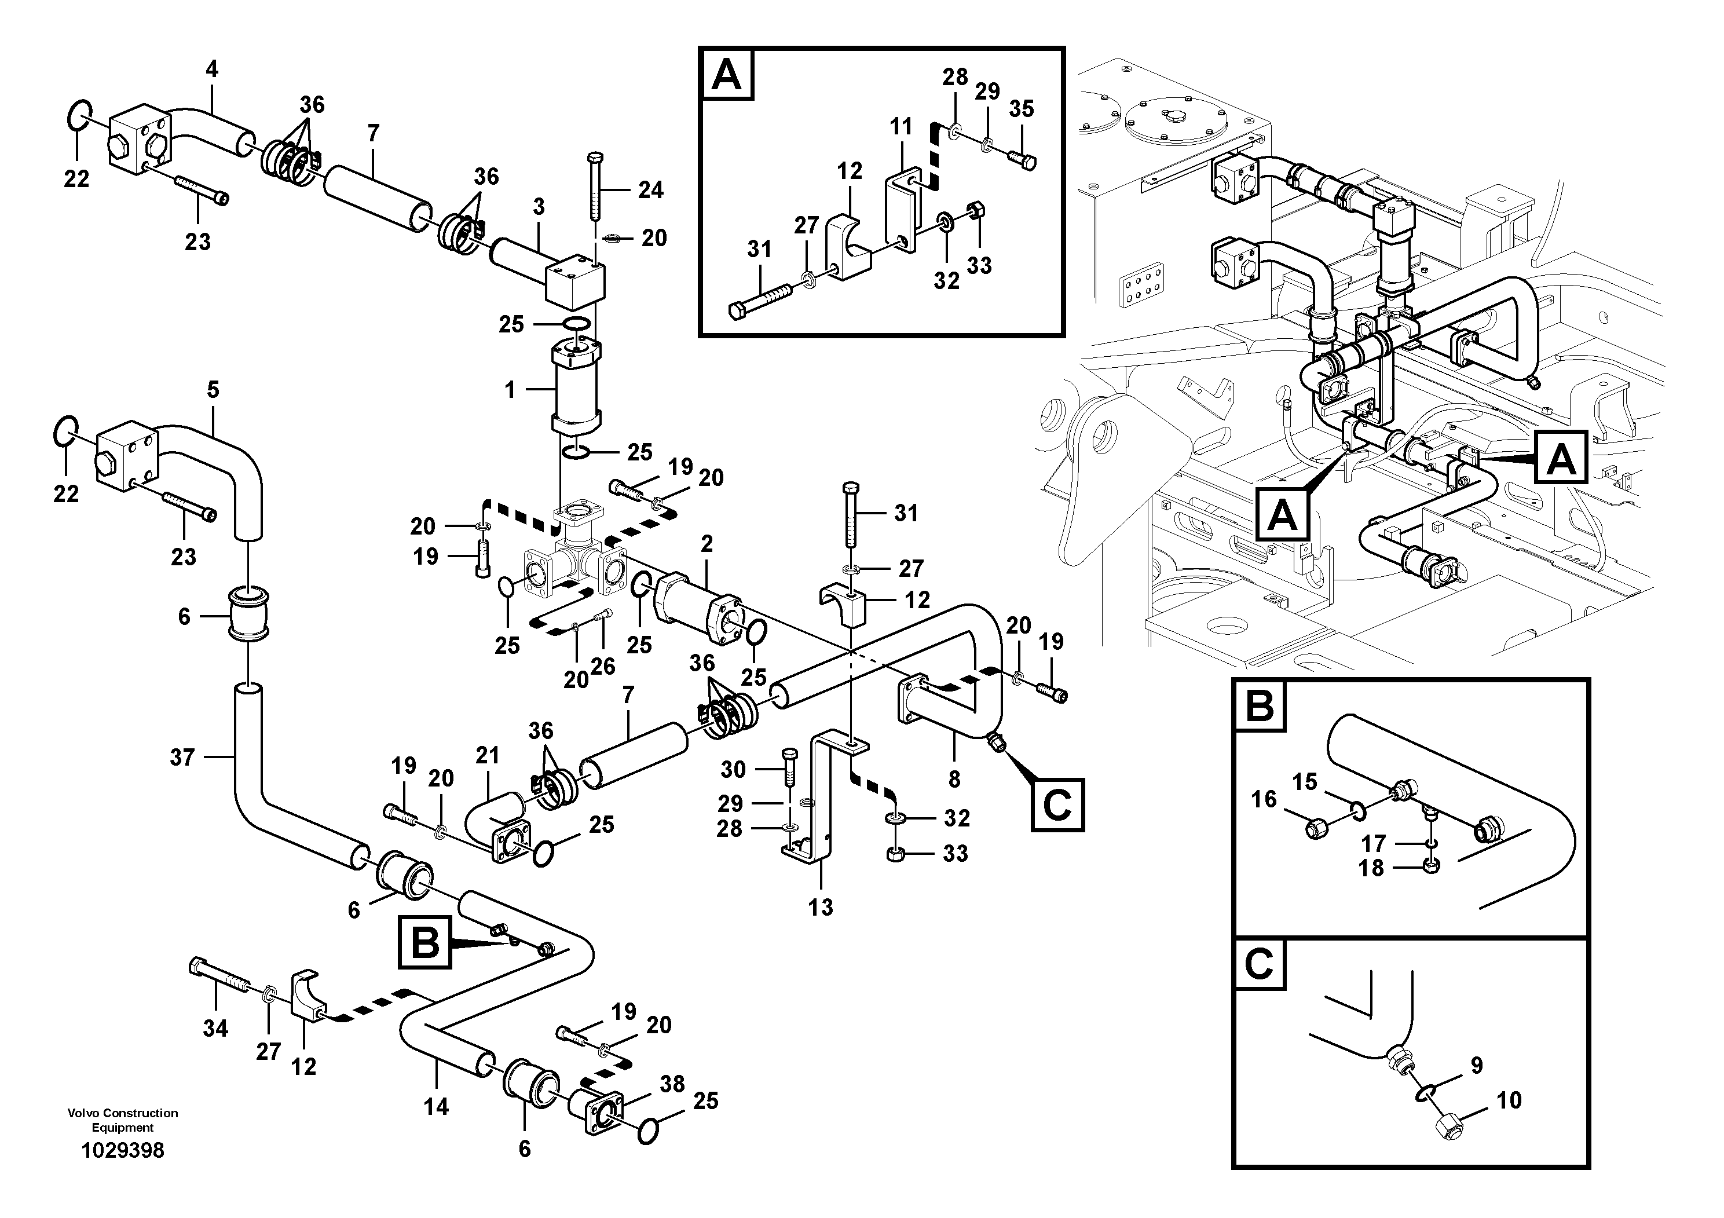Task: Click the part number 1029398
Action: coord(122,1150)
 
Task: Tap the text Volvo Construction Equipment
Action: coord(122,1120)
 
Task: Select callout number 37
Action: coord(182,757)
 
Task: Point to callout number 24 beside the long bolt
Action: coord(650,190)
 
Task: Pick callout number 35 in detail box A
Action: coord(1021,109)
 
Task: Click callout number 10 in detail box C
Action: coord(1509,1101)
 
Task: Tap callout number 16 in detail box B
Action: coord(1264,799)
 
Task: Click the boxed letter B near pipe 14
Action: coord(425,942)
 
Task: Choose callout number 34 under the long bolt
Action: coord(215,1028)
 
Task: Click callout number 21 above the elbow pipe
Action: coord(487,755)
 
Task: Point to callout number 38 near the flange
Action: coord(672,1084)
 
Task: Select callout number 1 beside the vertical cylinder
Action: coord(510,390)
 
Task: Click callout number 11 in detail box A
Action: coord(901,126)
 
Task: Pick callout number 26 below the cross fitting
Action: coord(602,666)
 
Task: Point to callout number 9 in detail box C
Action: coord(1476,1065)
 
